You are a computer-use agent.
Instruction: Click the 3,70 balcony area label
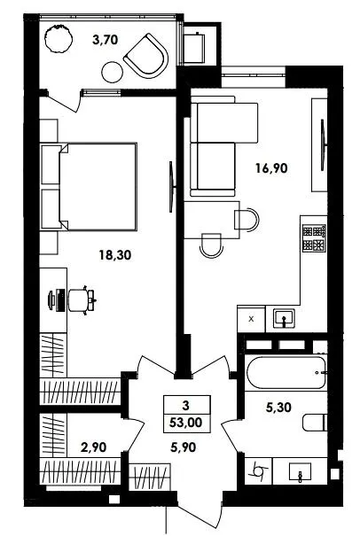(105, 40)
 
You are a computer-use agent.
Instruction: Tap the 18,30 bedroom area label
(115, 254)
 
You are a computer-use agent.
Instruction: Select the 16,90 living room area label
(271, 168)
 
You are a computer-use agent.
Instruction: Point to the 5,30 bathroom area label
(278, 408)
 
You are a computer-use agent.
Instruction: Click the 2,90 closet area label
(93, 447)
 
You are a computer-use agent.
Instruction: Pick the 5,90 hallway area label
(184, 447)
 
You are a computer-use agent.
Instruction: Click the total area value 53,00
(186, 423)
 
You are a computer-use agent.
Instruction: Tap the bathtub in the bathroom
(286, 373)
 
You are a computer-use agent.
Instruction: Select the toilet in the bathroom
(315, 423)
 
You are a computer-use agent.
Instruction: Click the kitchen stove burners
(314, 238)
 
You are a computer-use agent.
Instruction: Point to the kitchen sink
(285, 319)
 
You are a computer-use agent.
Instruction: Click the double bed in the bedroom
(98, 186)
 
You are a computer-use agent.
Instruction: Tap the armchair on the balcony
(146, 56)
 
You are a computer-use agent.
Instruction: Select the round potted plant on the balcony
(59, 38)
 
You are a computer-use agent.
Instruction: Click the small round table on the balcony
(113, 72)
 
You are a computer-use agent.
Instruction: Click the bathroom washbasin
(300, 472)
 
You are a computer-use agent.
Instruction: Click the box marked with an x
(251, 319)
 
